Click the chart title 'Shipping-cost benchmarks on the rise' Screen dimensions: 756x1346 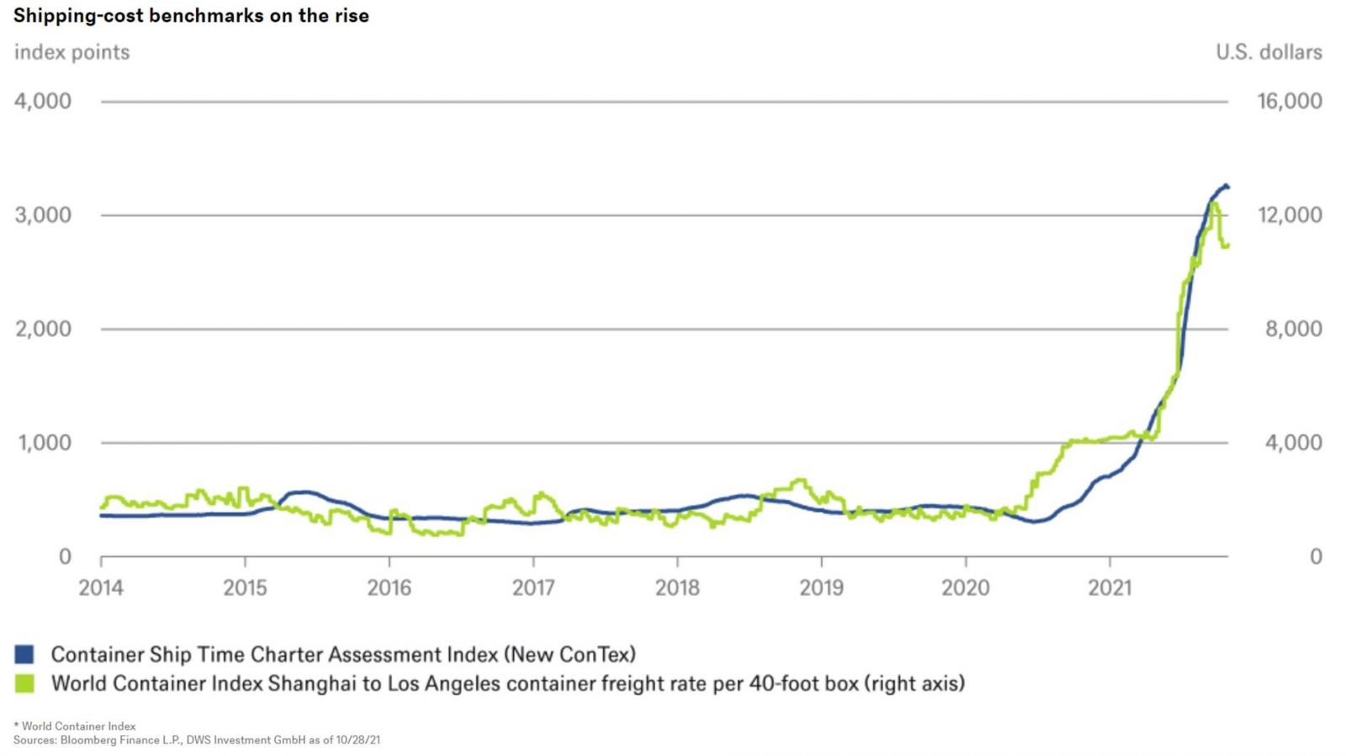coord(191,16)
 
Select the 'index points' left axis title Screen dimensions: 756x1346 coord(72,52)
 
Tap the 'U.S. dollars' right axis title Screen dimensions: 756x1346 coord(1268,52)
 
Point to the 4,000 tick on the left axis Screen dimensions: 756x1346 coord(43,101)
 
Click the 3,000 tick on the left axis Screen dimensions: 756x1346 coord(43,215)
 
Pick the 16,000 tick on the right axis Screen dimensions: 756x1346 coord(1289,101)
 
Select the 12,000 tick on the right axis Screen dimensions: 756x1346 coord(1289,215)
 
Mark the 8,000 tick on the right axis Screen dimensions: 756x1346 coord(1293,328)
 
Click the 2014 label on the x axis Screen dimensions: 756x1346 coord(101,587)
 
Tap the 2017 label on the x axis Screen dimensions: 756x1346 coord(533,587)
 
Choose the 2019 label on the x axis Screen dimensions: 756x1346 coord(821,587)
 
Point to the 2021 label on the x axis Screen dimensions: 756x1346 coord(1110,587)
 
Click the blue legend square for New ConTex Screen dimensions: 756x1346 coord(24,654)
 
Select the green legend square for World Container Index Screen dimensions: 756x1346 coord(24,683)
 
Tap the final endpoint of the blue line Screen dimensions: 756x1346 coord(1227,186)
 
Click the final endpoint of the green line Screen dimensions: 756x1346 coord(1227,245)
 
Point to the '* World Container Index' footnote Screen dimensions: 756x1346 coord(75,726)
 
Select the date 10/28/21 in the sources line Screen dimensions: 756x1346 coord(358,740)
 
